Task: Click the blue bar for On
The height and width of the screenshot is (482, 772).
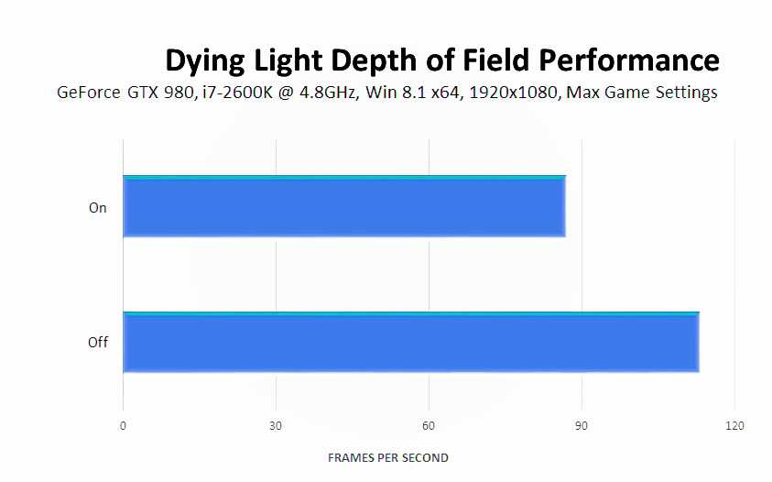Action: tap(343, 206)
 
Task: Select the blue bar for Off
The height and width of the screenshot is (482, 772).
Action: tap(410, 343)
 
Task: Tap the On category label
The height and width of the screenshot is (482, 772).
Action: tap(97, 208)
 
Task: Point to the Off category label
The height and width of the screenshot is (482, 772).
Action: tap(97, 343)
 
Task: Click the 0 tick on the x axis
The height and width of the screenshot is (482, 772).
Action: tap(123, 426)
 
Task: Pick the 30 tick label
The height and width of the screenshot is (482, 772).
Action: tap(276, 426)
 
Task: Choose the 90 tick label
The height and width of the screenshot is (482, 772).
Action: tap(581, 426)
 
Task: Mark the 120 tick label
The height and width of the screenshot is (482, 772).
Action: tap(734, 426)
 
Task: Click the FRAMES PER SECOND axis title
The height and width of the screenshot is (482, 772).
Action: tap(388, 457)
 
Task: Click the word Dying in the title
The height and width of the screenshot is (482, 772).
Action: tap(202, 60)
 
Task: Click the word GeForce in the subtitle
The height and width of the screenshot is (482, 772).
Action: tap(86, 93)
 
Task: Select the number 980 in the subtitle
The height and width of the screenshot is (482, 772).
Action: tap(169, 93)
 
